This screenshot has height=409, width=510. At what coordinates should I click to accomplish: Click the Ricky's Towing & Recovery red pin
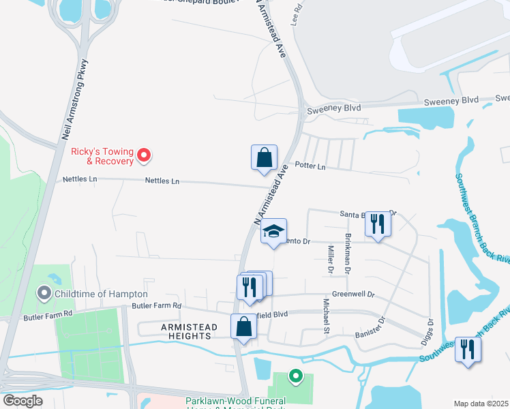point(143,156)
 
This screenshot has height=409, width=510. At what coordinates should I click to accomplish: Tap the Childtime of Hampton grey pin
point(45,293)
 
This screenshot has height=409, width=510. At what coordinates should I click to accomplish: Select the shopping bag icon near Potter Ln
point(264,158)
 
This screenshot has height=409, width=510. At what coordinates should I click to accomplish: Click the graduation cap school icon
point(273,232)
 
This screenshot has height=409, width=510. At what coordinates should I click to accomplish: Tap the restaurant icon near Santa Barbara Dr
point(378,224)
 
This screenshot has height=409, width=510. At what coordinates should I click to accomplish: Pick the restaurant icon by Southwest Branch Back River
point(467,350)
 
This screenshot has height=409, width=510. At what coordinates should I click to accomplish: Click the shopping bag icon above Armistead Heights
point(243,327)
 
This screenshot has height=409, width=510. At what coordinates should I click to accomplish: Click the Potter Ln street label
point(310,166)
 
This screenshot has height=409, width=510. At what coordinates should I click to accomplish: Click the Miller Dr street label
point(331,259)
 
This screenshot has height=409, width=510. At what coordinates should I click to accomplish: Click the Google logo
point(22,401)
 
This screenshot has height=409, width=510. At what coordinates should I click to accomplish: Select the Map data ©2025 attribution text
point(481,404)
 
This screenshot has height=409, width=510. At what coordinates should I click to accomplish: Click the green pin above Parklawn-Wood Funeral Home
point(295,375)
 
